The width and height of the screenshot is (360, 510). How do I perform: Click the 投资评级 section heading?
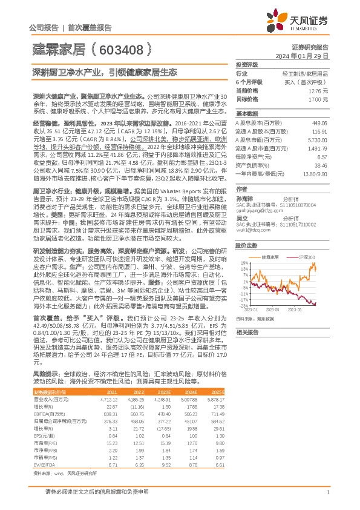coord(247,64)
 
